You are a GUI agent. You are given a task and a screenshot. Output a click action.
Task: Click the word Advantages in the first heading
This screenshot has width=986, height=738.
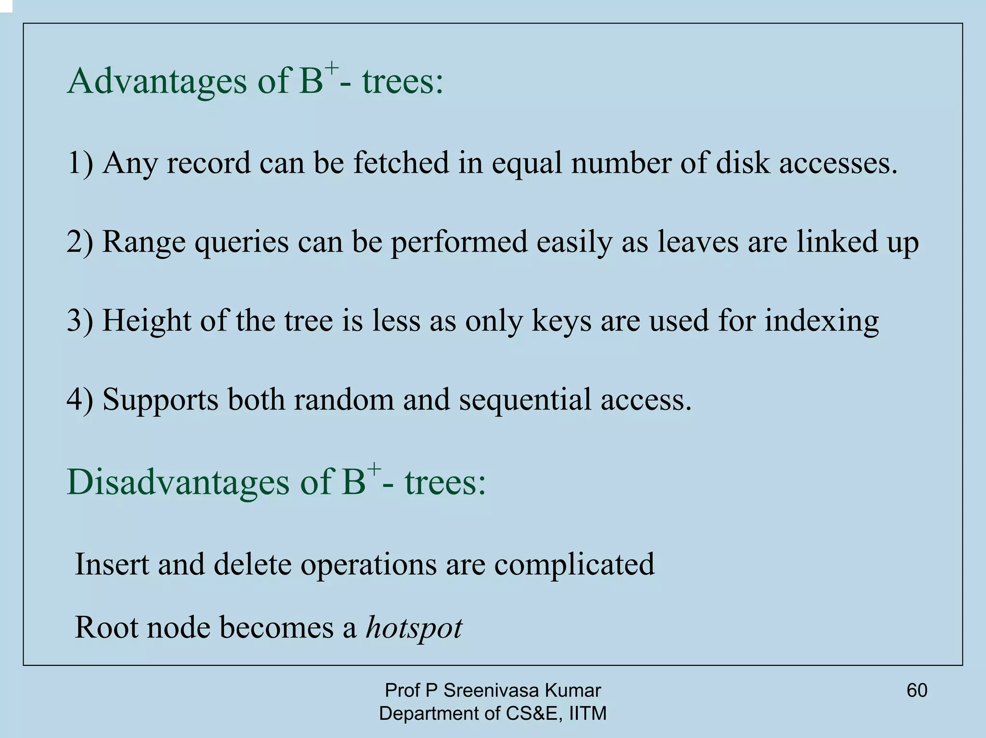pos(157,81)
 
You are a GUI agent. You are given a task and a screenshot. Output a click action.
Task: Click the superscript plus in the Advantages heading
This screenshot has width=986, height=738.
pos(332,68)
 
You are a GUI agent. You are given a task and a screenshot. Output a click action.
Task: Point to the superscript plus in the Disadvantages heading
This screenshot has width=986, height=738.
pos(374,469)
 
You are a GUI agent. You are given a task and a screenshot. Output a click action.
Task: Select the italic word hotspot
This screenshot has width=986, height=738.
pos(414,627)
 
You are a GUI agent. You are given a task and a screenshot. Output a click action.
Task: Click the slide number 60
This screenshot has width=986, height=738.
pos(917,690)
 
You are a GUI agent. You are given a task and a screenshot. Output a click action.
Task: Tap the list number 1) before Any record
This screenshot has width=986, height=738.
pos(80,163)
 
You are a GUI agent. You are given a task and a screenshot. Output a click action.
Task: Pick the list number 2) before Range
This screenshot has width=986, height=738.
pos(80,242)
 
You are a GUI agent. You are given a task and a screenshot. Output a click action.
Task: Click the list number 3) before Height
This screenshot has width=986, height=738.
pos(80,320)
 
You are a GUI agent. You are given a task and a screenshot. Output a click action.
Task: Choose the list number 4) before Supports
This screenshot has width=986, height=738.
pos(80,399)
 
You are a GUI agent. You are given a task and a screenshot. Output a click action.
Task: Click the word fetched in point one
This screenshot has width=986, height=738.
pos(401,163)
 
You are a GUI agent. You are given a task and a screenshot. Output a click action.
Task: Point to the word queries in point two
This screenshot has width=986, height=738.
pos(241,242)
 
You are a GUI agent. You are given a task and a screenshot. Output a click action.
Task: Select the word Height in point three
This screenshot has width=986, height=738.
pos(146,321)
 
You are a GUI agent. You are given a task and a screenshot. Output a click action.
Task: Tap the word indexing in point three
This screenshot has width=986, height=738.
pos(821,321)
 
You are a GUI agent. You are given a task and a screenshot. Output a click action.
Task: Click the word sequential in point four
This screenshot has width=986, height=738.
pos(525,400)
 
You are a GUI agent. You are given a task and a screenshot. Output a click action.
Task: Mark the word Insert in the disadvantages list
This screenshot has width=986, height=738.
pos(112,564)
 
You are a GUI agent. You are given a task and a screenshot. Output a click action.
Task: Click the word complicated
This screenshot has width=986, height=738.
pos(574,565)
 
